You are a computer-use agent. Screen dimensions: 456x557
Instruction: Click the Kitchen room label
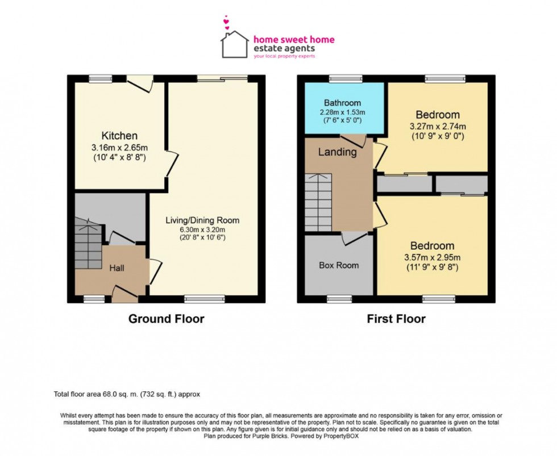pyautogui.click(x=119, y=136)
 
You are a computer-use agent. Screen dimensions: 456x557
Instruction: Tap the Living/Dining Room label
pyautogui.click(x=202, y=220)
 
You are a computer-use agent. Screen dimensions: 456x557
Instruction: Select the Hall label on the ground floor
pyautogui.click(x=117, y=268)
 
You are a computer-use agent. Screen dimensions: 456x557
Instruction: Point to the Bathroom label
pyautogui.click(x=342, y=103)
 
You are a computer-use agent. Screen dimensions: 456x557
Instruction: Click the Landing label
pyautogui.click(x=337, y=152)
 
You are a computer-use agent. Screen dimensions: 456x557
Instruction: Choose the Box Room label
pyautogui.click(x=339, y=265)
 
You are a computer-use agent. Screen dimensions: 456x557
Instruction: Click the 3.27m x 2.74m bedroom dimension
pyautogui.click(x=438, y=126)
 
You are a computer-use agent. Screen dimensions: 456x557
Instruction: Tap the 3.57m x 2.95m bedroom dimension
pyautogui.click(x=433, y=257)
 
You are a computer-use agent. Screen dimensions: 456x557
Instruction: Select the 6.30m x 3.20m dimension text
pyautogui.click(x=203, y=229)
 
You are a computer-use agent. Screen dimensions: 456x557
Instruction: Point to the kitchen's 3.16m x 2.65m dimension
pyautogui.click(x=120, y=147)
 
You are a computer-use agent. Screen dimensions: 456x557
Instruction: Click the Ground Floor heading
pyautogui.click(x=166, y=319)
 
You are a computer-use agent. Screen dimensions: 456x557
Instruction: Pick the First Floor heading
pyautogui.click(x=396, y=319)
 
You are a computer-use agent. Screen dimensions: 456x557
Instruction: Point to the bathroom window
pyautogui.click(x=342, y=78)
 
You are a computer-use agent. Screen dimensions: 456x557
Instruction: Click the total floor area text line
pyautogui.click(x=127, y=394)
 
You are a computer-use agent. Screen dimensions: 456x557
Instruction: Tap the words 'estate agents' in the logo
pyautogui.click(x=284, y=48)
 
